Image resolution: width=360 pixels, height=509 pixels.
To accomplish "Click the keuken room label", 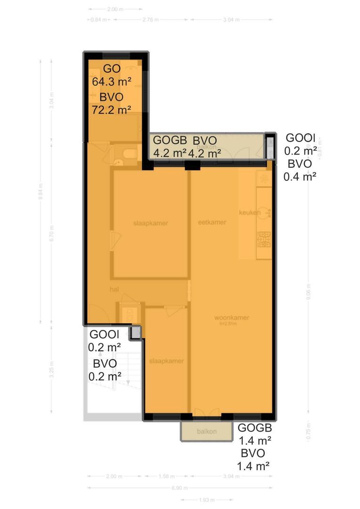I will click(250, 213).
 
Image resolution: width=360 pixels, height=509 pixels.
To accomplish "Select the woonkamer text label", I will click(231, 318).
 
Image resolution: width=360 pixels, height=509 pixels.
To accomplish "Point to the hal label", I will click(114, 289).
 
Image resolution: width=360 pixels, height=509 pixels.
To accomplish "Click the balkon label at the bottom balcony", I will click(207, 431).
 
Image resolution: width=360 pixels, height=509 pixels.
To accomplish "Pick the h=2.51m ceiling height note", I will click(228, 324).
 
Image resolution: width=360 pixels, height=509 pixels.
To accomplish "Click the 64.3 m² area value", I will click(112, 82).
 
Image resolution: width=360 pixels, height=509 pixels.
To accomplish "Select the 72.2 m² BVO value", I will click(112, 110).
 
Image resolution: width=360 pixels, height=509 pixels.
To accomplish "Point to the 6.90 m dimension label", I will click(180, 488).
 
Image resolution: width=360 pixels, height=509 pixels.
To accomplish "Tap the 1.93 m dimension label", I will click(206, 500).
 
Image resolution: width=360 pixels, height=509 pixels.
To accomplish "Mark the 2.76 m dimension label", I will click(150, 20).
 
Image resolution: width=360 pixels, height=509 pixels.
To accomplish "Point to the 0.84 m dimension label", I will click(97, 20).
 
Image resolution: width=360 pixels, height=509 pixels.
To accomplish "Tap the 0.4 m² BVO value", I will click(300, 176).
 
